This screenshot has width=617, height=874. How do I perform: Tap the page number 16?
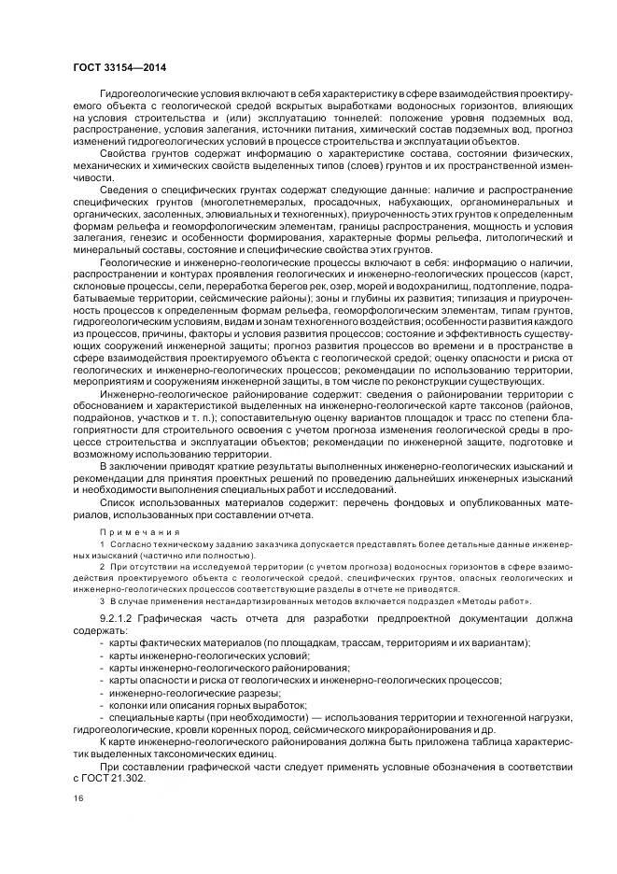[x=77, y=797]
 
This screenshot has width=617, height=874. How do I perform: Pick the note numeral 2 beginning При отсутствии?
[x=102, y=566]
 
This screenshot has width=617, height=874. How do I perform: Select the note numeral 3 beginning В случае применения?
[x=102, y=601]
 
